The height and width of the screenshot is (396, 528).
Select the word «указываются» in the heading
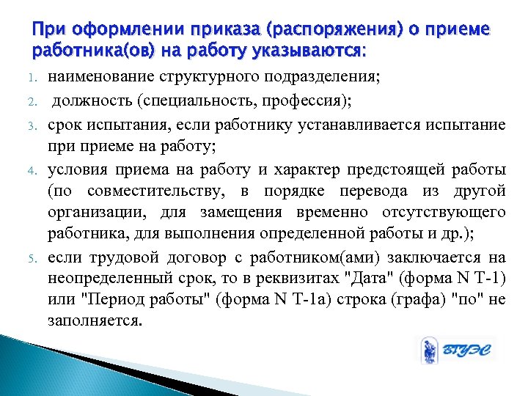(x=317, y=51)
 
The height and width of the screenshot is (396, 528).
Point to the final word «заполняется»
(x=94, y=321)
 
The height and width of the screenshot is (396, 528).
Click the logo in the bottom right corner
(x=454, y=351)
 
